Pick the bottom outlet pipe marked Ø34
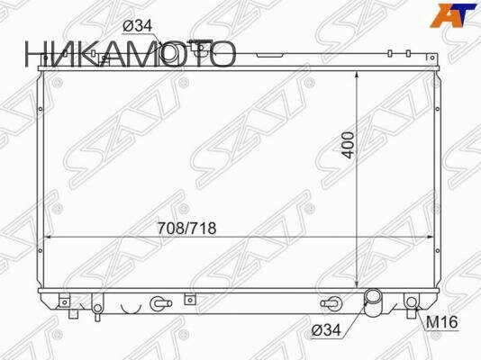click(374, 302)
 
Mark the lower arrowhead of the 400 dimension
click(359, 286)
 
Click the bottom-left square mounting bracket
click(65, 301)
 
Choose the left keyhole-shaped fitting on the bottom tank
click(159, 303)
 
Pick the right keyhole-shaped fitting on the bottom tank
click(330, 303)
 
